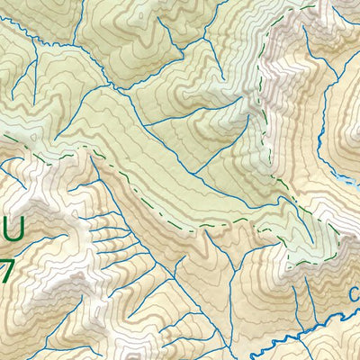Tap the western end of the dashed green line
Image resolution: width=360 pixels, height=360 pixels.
tap(36, 158)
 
